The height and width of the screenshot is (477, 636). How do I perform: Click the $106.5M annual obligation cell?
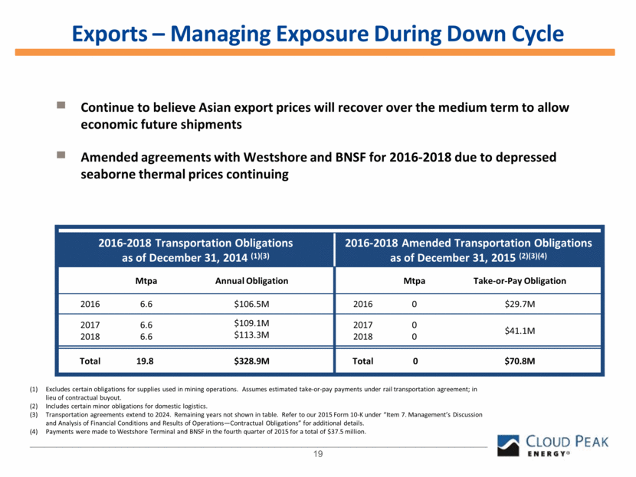pos(252,304)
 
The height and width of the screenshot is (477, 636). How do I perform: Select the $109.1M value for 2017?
pos(252,324)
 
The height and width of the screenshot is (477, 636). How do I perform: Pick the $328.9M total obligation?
pos(252,360)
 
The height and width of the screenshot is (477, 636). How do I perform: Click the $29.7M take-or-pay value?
pos(519,304)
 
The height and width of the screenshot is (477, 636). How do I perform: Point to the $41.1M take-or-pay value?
pos(519,330)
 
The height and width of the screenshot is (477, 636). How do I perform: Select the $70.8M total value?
pos(519,360)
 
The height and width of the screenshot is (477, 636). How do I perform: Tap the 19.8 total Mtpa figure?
pos(146,360)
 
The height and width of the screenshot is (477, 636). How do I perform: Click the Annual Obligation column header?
pos(252,281)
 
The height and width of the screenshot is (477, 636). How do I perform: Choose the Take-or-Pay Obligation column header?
pos(519,281)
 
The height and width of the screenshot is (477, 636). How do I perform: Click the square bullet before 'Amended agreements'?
pos(61,155)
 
